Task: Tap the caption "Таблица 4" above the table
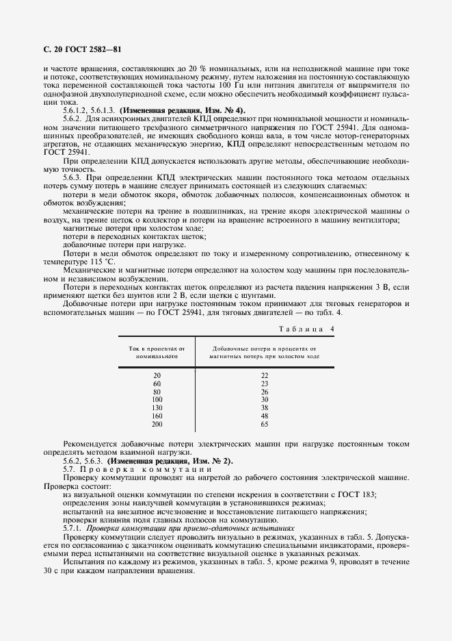click(307, 329)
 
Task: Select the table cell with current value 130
click(157, 406)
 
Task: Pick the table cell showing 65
click(265, 424)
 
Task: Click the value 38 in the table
click(265, 406)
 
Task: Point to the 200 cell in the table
click(157, 424)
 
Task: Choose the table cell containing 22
click(265, 375)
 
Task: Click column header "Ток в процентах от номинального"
click(157, 352)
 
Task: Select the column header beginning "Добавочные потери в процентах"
click(265, 352)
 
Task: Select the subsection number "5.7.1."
click(72, 528)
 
